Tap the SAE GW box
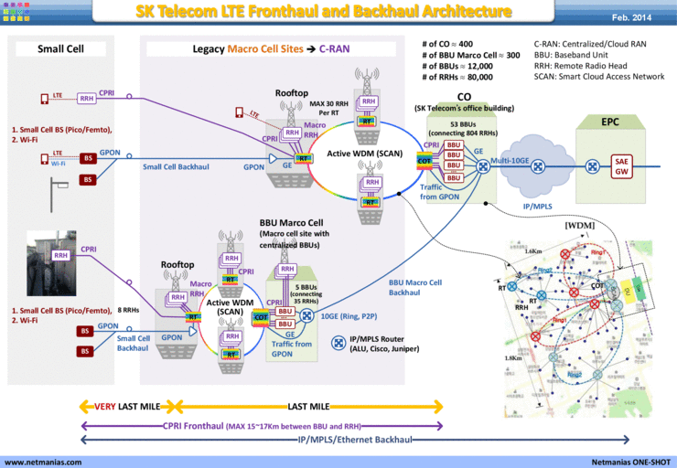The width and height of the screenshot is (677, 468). (x=621, y=165)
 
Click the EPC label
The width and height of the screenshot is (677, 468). (x=609, y=122)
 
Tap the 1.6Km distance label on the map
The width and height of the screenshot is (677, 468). (x=533, y=250)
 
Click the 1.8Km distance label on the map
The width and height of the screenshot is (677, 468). (x=513, y=357)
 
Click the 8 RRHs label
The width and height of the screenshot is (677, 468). (x=128, y=312)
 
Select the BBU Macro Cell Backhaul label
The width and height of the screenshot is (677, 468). (x=415, y=288)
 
